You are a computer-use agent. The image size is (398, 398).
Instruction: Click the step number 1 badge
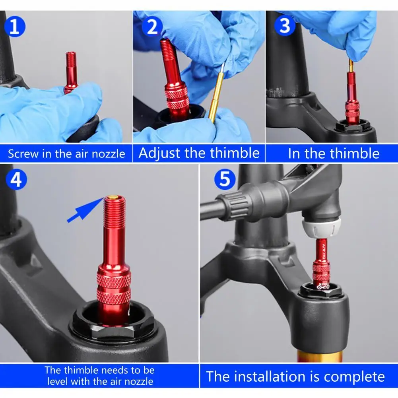(x=15, y=26)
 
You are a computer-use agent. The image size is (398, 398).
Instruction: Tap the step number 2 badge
(x=152, y=26)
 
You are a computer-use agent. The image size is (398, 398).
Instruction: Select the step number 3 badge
(x=285, y=25)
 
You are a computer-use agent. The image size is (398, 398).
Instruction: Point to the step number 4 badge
(x=16, y=179)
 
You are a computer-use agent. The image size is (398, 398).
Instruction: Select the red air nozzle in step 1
(x=70, y=73)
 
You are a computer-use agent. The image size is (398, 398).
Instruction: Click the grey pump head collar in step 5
(x=321, y=227)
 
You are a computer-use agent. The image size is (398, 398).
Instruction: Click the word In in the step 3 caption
(x=294, y=153)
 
